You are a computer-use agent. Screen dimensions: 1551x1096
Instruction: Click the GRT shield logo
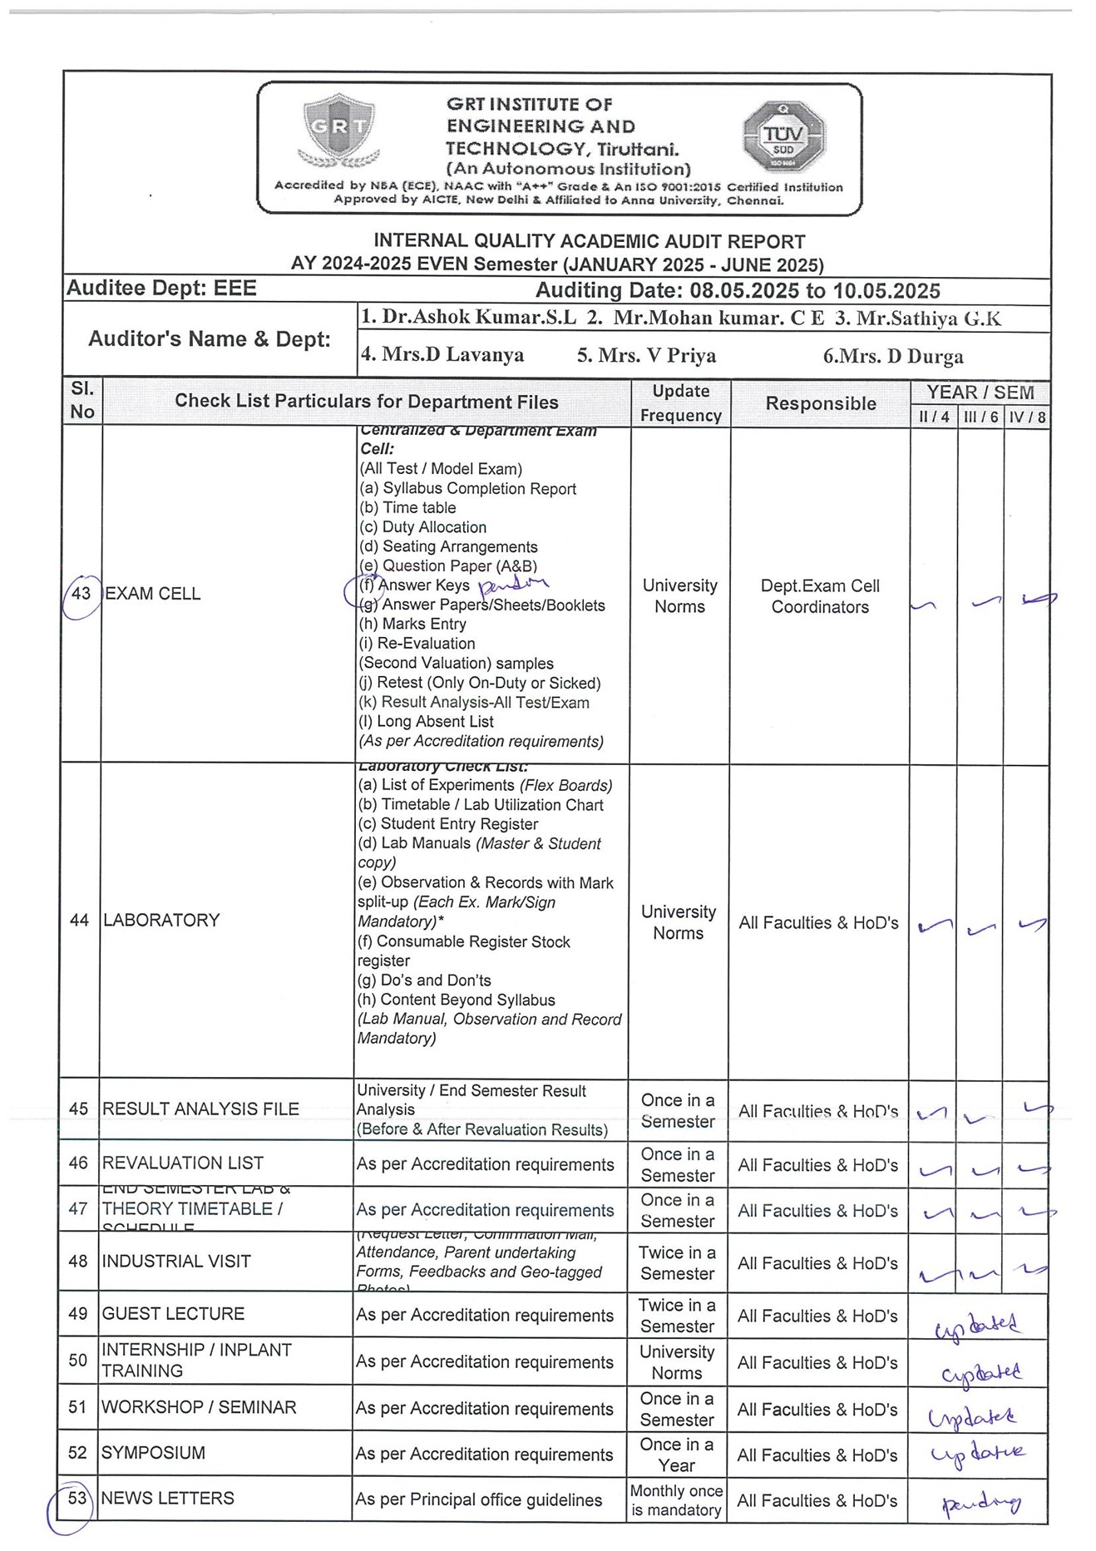pyautogui.click(x=338, y=130)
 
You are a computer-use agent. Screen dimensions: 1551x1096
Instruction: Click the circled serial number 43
pyautogui.click(x=81, y=594)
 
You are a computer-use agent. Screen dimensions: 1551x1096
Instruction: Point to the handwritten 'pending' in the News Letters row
pyautogui.click(x=981, y=1503)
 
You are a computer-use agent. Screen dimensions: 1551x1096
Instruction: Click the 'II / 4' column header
pyautogui.click(x=934, y=417)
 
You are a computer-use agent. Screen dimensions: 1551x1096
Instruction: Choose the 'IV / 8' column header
pyautogui.click(x=1027, y=417)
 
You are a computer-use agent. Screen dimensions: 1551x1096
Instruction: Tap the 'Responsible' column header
pyautogui.click(x=821, y=403)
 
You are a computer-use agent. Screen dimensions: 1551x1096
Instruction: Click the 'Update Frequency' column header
pyautogui.click(x=680, y=403)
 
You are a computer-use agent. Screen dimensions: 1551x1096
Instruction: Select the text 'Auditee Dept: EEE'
pyautogui.click(x=161, y=289)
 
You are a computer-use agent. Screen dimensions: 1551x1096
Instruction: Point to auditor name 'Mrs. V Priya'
pyautogui.click(x=646, y=356)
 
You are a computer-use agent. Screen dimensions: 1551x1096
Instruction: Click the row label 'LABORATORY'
pyautogui.click(x=161, y=920)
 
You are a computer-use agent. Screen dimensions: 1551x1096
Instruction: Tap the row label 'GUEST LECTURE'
pyautogui.click(x=173, y=1313)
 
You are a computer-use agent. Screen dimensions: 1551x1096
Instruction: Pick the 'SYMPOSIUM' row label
pyautogui.click(x=153, y=1453)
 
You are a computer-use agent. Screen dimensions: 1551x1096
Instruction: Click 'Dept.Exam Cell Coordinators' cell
pyautogui.click(x=820, y=596)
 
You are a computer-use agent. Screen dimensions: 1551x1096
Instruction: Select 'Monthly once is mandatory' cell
pyautogui.click(x=676, y=1500)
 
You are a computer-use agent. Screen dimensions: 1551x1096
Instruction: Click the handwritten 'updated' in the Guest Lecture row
pyautogui.click(x=977, y=1325)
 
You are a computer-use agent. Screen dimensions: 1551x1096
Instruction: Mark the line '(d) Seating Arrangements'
pyautogui.click(x=448, y=546)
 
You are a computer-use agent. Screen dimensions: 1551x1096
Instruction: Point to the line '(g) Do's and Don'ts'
pyautogui.click(x=424, y=980)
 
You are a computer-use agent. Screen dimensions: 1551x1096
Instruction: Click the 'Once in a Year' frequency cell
pyautogui.click(x=676, y=1455)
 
